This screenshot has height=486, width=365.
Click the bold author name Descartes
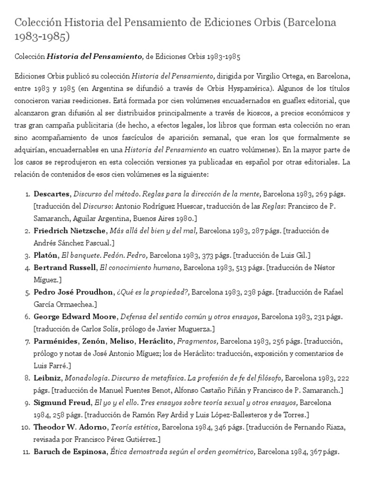coord(52,194)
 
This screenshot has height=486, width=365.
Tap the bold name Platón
coord(46,255)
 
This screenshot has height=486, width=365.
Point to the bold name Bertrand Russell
coord(65,267)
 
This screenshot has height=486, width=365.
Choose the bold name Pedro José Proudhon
coord(74,291)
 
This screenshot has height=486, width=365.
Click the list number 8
coord(26,378)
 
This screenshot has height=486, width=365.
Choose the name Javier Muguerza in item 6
coord(190,328)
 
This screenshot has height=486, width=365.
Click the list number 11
coord(25,452)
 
